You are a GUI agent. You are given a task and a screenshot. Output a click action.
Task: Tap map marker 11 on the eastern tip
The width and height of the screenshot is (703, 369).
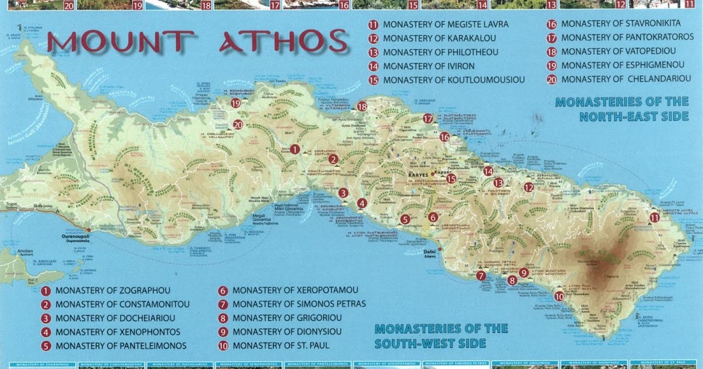654,217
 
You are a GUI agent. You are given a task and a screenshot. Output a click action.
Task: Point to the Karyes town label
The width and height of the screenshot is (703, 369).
417,175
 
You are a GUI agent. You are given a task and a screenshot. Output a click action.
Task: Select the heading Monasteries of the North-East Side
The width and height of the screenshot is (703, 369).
622,110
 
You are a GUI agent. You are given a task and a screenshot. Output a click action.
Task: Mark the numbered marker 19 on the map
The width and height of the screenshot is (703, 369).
236,103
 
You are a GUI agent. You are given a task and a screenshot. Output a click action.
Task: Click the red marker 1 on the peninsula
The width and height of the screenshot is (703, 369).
295,149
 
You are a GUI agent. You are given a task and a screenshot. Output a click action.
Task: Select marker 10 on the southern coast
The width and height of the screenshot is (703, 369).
559,296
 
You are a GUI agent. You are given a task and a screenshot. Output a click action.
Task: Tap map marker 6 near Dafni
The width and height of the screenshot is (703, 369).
433,217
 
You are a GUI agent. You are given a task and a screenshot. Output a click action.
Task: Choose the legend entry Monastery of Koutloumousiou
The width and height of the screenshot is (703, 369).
453,80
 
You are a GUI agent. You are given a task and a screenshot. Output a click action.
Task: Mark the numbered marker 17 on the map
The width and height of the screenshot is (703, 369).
428,118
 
